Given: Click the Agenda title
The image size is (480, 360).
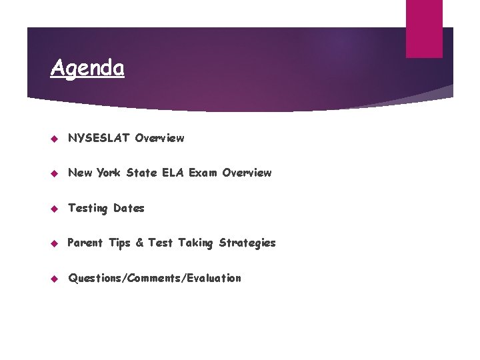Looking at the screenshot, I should pos(87,68).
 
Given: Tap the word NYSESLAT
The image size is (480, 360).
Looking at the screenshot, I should pos(99,138).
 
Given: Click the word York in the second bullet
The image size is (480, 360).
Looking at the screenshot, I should pos(109,173).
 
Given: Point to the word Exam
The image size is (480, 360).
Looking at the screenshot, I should pos(203,173).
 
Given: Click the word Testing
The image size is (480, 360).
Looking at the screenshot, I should pos(87,208).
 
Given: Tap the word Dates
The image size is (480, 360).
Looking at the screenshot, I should pos(129,208).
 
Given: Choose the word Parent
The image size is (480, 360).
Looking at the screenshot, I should pos(85,243).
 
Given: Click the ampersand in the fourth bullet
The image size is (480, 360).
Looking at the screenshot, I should pos(139,243).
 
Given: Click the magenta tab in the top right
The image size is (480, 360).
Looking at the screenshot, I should pos(424,28).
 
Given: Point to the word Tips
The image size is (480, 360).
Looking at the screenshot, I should pos(119,243).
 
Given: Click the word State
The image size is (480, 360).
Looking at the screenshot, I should pos(142,173).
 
